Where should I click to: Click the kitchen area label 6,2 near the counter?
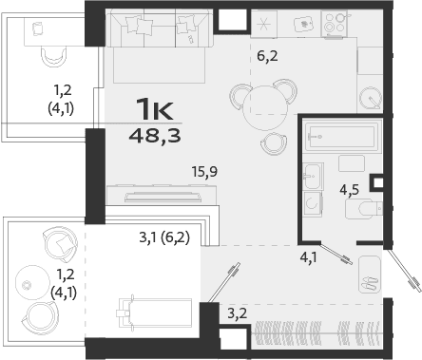[x=268, y=55]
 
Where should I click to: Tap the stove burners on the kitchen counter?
[x=335, y=23]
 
